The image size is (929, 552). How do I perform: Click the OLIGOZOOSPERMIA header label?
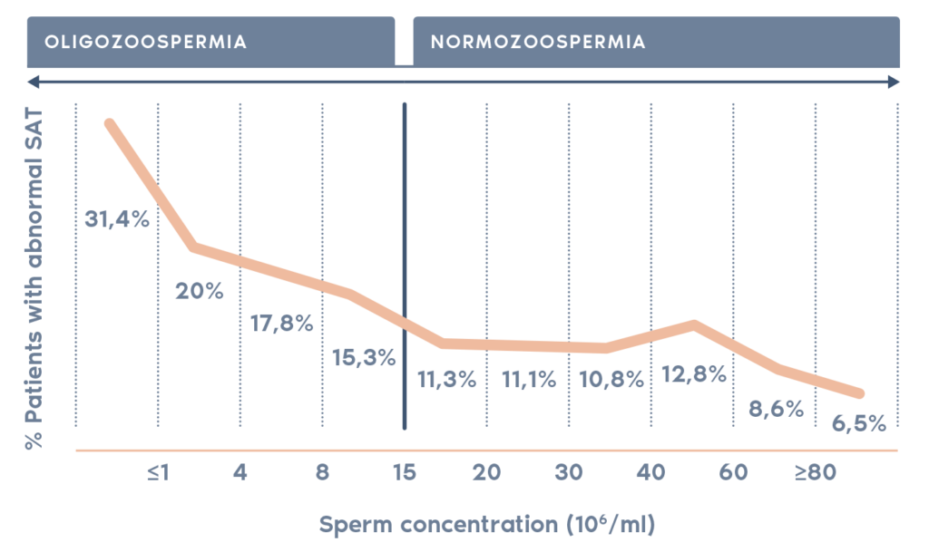point(146,42)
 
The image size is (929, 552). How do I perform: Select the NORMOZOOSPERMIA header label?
point(539,42)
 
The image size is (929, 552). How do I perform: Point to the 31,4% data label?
point(117,218)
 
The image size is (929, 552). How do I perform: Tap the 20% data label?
point(199,292)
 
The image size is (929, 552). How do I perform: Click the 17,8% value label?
point(281,323)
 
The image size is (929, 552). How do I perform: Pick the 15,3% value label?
point(364,357)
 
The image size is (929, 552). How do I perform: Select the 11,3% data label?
point(445,380)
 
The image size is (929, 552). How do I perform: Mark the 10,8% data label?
point(611,380)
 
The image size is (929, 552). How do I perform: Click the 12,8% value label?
point(693,373)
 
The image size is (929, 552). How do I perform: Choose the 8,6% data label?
point(776,409)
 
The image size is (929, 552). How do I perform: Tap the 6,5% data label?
point(857,422)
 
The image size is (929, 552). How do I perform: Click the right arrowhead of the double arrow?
point(895,82)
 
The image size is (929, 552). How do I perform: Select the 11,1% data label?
point(528,380)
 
